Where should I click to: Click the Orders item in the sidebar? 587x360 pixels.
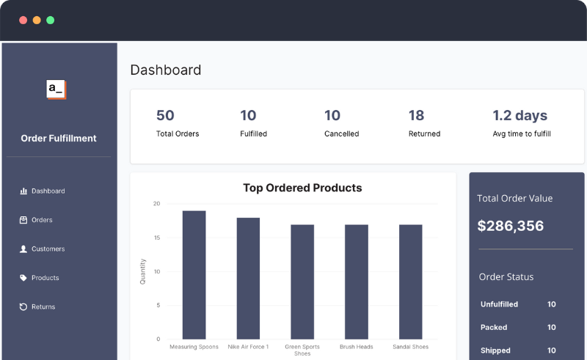pos(41,220)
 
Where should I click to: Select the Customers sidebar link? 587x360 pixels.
pos(47,249)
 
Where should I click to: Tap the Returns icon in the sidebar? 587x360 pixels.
pos(23,307)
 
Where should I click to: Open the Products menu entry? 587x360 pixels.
pos(44,278)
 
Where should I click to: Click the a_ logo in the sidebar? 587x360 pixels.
pos(56,89)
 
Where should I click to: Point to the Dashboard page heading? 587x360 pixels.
pos(166,70)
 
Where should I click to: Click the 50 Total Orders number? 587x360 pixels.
pos(165,115)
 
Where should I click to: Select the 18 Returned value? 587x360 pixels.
pos(416,115)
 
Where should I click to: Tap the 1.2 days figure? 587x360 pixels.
pos(519,115)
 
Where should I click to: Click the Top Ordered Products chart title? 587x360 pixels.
pos(302,188)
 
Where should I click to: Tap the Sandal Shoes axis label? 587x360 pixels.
pos(410,347)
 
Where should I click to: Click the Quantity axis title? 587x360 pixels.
pos(143,271)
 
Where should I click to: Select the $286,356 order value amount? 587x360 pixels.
pos(511,226)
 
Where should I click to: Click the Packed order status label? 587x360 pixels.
pos(494,328)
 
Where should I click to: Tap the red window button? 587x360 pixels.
pos(23,20)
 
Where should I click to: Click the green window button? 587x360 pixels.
pos(51,20)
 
